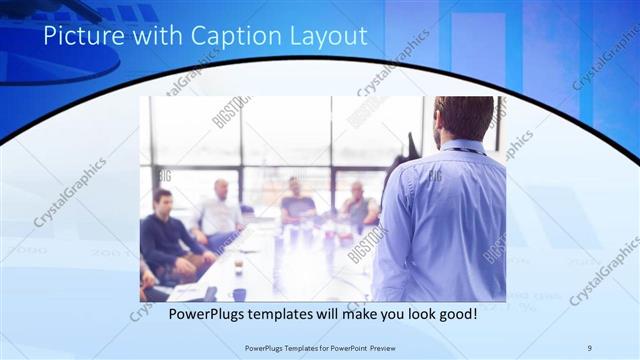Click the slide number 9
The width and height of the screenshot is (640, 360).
click(590, 347)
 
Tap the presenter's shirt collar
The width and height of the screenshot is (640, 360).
click(462, 146)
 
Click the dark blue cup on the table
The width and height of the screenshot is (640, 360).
click(239, 266)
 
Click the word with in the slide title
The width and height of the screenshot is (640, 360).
click(141, 38)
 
